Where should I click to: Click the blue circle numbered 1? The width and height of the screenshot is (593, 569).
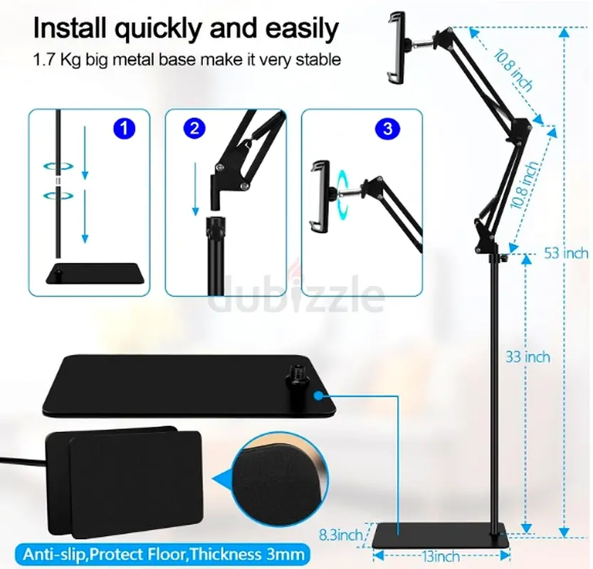[x=124, y=128]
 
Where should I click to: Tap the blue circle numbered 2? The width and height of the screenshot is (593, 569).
[x=194, y=128]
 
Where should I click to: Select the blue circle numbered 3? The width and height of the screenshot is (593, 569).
[x=387, y=129]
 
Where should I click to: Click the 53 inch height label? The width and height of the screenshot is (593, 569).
[x=566, y=253]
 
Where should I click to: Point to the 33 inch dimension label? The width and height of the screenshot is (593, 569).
[x=528, y=357]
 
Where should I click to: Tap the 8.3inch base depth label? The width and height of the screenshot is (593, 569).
[x=341, y=535]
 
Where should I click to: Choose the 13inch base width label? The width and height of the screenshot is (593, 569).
[x=441, y=556]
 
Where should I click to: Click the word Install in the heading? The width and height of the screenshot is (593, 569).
[x=69, y=28]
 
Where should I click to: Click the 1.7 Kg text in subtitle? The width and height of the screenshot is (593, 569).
[x=57, y=60]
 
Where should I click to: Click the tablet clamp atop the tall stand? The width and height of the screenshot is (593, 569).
[x=397, y=47]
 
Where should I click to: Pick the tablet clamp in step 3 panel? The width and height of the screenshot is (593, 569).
[x=320, y=196]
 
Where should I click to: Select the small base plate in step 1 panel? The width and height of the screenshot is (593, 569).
[x=95, y=273]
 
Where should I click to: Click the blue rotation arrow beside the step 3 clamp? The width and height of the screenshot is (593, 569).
[x=342, y=192]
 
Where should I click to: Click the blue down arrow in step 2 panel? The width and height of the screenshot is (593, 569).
[x=196, y=189]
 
